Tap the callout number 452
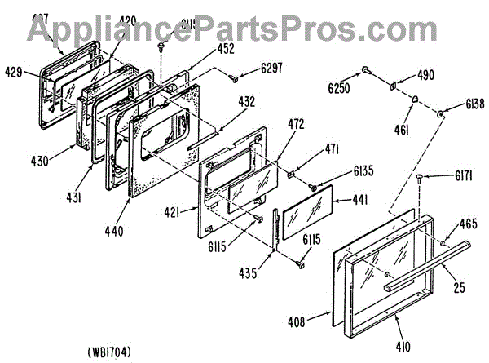(x=226, y=48)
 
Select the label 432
(x=245, y=102)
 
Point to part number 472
(x=296, y=124)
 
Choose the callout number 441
(x=360, y=199)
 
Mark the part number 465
(x=467, y=223)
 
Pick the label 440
(x=114, y=232)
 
